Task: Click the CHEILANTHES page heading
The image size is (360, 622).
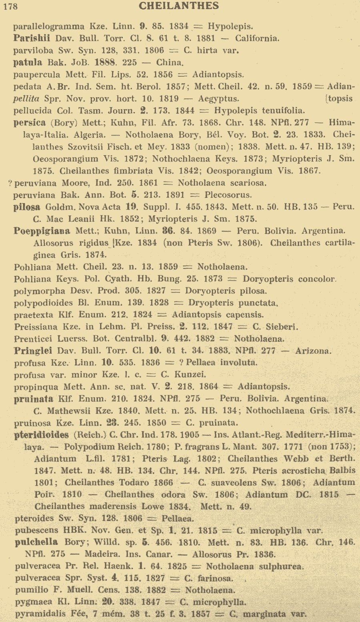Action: tap(179, 6)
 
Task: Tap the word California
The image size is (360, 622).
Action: tap(257, 38)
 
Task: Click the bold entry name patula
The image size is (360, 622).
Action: tap(28, 62)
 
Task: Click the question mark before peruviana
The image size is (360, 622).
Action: tap(10, 183)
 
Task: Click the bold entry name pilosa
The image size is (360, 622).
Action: tap(27, 207)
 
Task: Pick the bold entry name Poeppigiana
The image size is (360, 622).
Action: tap(42, 231)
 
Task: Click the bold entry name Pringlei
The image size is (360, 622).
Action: tap(33, 351)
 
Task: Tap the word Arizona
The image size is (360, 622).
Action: tap(313, 351)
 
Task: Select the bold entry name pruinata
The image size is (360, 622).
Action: tap(33, 399)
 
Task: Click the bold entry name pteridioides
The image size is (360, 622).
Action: tap(41, 435)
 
